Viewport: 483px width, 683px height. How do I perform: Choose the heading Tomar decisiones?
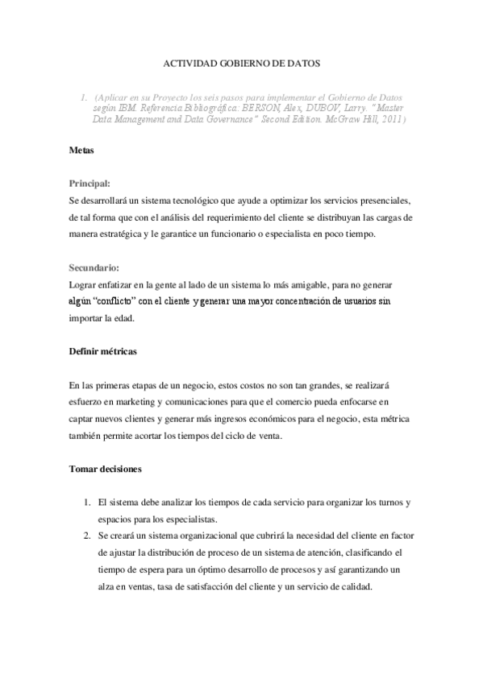[106, 468]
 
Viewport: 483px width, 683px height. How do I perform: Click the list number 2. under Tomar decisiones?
[87, 536]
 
